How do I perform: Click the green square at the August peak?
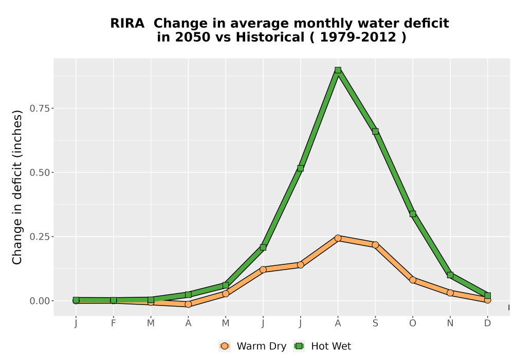(338, 70)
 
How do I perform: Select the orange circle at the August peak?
(338, 238)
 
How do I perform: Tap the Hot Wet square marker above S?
(375, 131)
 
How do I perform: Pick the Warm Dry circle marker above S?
(375, 245)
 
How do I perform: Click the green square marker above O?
(413, 214)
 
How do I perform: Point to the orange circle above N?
(450, 293)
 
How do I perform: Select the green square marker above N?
(450, 275)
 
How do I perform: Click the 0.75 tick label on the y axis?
(40, 108)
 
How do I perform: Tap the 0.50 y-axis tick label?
(40, 172)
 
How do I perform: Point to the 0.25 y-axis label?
(40, 237)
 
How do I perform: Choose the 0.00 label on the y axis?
(40, 301)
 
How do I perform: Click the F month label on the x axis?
(114, 323)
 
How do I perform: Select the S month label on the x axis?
(375, 323)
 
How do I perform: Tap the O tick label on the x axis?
(413, 323)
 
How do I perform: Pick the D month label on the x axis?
(487, 323)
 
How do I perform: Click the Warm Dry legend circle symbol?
(225, 346)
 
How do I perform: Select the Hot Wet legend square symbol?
(299, 346)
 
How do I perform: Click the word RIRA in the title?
(127, 24)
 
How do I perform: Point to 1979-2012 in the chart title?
(358, 38)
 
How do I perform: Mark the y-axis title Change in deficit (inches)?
(17, 187)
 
